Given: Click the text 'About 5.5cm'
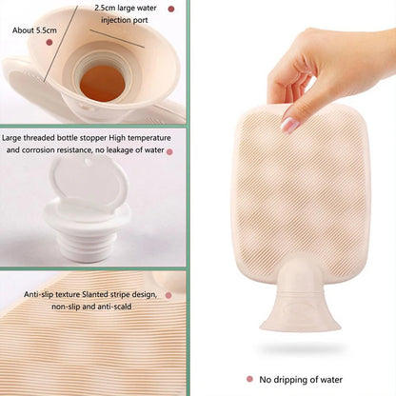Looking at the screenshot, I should click(34, 30).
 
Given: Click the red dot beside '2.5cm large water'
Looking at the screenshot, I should click(170, 9).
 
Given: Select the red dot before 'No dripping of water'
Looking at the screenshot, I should click(250, 379).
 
